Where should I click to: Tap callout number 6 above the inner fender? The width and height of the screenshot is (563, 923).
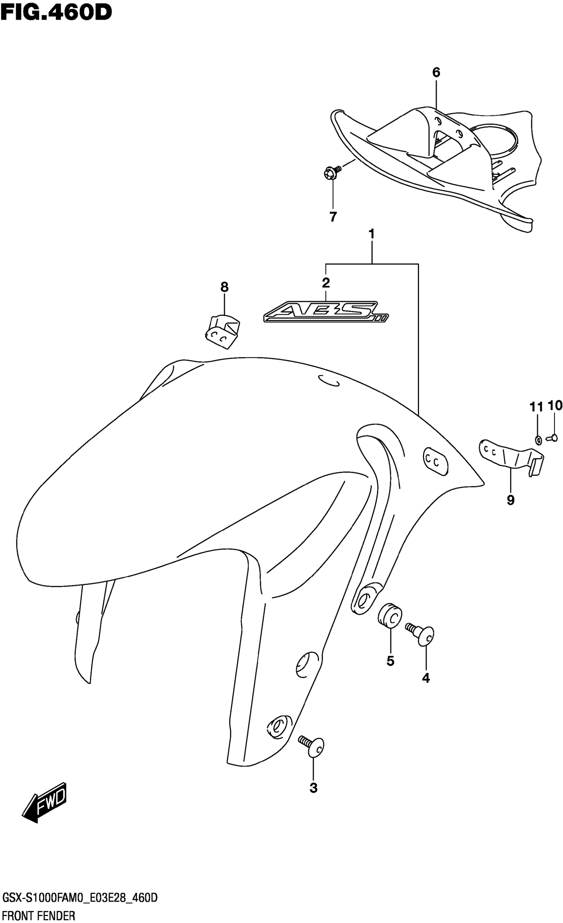(436, 73)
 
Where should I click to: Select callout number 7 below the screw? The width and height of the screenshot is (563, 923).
(333, 217)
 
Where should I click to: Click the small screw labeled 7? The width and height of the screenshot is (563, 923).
(332, 172)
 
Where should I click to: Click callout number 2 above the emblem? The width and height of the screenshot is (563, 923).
(326, 283)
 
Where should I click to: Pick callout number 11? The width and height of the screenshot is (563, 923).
(536, 407)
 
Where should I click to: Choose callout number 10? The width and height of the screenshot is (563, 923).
(555, 405)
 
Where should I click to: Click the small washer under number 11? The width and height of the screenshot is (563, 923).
(538, 440)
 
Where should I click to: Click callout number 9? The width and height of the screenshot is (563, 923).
(511, 500)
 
